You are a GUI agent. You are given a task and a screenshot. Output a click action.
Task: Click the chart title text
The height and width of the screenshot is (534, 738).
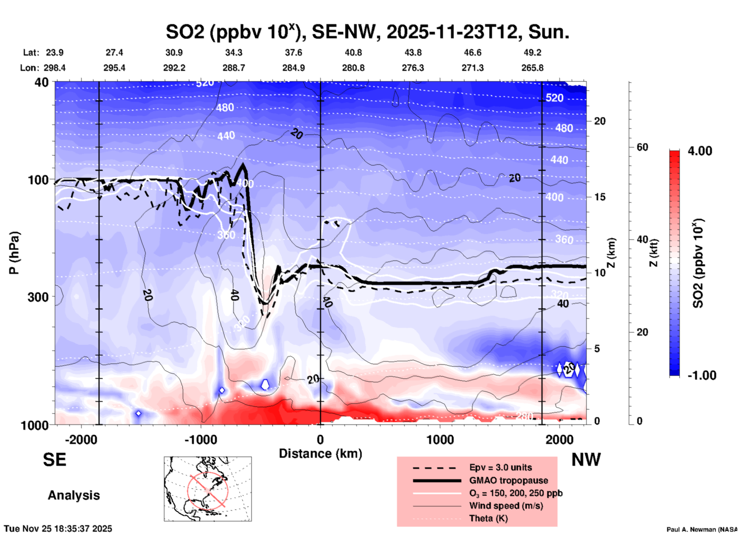367,31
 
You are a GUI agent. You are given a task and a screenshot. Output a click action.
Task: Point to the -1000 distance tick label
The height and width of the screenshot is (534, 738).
200,440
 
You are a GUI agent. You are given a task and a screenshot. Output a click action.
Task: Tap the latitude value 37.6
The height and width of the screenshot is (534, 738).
293,52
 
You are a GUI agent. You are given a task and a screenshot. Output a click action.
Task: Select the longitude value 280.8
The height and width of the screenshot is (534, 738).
353,68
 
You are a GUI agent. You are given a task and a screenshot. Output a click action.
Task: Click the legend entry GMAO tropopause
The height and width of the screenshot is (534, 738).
508,480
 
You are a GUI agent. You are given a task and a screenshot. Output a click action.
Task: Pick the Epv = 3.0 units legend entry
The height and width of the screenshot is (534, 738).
500,467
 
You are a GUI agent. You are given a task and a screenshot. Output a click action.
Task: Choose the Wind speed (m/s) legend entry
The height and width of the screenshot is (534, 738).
506,506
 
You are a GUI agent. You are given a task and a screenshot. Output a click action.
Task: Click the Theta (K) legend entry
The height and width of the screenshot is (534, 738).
488,518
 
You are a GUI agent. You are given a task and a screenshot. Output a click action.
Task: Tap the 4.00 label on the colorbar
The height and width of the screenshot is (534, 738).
700,151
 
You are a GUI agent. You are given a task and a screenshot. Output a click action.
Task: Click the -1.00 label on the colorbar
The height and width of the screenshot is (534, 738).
702,375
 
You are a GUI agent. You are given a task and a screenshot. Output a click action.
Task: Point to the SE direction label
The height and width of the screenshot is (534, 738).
54,459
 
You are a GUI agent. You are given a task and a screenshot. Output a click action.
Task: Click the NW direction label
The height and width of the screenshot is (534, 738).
586,459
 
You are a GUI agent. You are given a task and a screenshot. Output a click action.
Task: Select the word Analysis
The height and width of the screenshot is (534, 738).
74,495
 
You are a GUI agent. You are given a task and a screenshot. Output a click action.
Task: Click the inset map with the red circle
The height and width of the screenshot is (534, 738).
208,488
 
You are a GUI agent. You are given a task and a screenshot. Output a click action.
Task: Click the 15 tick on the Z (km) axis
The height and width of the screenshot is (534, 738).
600,197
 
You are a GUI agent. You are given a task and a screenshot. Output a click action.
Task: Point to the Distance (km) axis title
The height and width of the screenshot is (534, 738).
320,454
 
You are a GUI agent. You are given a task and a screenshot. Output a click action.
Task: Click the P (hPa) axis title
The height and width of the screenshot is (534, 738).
14,253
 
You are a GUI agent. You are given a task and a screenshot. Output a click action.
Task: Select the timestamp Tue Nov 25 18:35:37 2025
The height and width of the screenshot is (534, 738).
58,529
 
